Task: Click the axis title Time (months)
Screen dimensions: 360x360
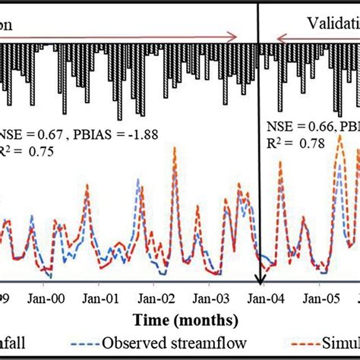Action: [x=185, y=319]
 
